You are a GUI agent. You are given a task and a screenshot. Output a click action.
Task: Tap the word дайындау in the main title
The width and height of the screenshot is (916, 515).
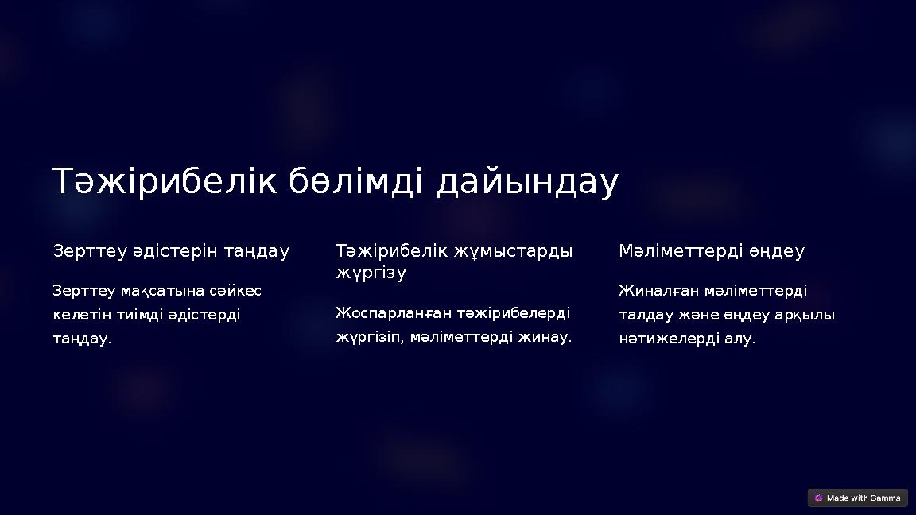click(x=527, y=182)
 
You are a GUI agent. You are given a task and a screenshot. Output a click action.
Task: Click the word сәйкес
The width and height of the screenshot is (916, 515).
click(x=235, y=291)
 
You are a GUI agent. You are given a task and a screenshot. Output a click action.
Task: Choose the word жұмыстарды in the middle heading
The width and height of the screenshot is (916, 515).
click(x=513, y=251)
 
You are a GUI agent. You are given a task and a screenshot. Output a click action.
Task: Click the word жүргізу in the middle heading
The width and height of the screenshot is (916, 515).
click(x=371, y=273)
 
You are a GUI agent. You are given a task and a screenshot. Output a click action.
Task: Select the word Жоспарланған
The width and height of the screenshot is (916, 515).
click(x=389, y=312)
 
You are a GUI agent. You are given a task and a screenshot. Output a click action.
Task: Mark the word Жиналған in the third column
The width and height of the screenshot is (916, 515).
click(x=658, y=291)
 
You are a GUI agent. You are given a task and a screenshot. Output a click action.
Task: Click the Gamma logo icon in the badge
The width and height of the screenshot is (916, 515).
click(x=818, y=498)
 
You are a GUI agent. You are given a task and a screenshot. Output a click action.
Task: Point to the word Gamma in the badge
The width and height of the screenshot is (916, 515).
click(x=885, y=498)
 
